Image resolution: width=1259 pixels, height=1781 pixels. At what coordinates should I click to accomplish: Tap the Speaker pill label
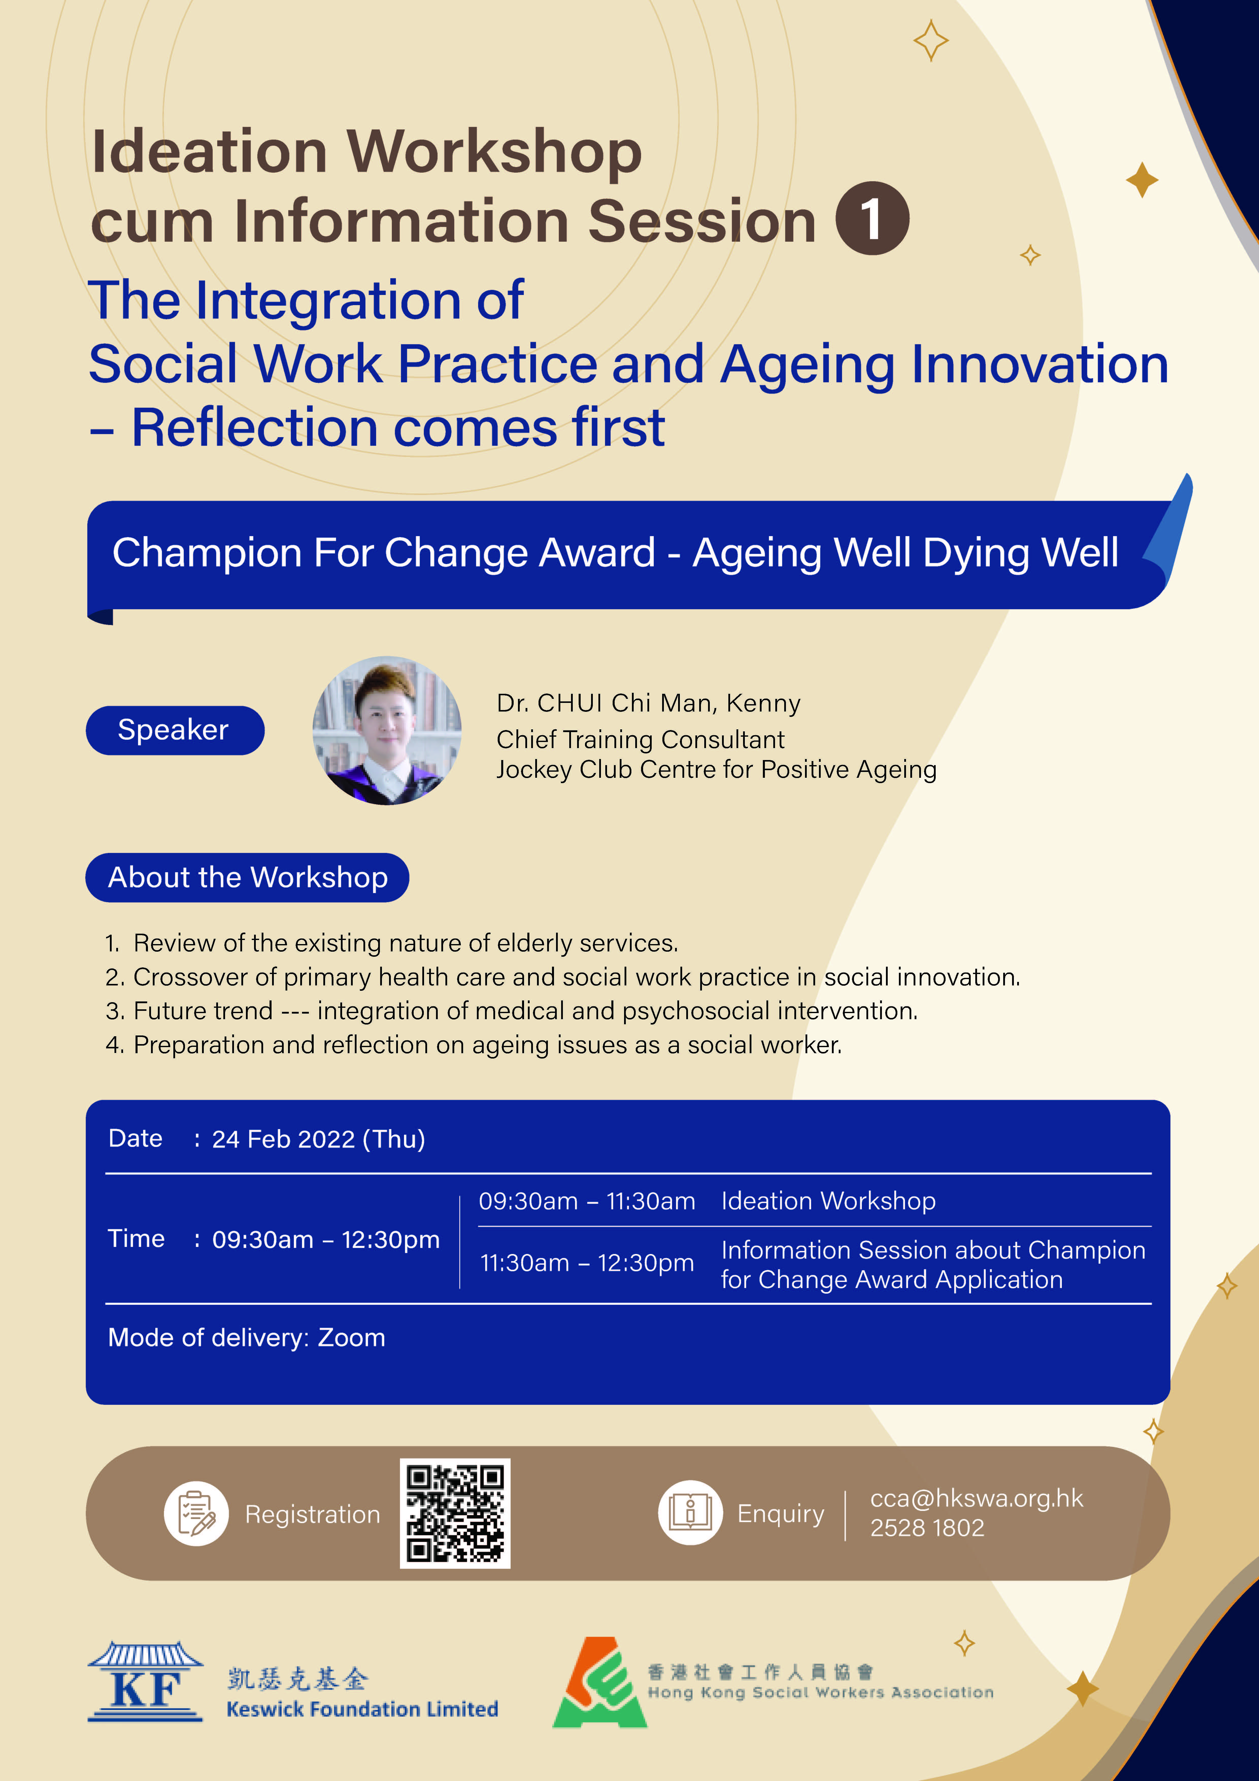[x=175, y=730]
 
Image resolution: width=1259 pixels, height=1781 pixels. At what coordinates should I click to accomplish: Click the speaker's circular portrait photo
[x=387, y=731]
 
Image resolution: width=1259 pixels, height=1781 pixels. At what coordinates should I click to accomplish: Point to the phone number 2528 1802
[x=927, y=1527]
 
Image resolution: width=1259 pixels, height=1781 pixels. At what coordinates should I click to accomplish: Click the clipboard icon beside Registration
[x=196, y=1513]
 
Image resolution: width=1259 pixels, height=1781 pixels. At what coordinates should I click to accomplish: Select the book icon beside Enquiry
[x=690, y=1513]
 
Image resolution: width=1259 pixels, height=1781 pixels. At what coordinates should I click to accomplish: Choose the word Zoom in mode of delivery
[x=351, y=1337]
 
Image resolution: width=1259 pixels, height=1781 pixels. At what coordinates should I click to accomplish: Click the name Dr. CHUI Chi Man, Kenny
[x=648, y=703]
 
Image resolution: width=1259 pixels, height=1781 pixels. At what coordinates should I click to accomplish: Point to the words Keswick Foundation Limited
[x=362, y=1709]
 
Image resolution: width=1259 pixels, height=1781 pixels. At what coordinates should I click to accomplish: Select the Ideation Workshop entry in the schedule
[x=829, y=1201]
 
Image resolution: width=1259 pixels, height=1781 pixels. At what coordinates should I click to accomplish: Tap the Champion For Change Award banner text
[x=615, y=553]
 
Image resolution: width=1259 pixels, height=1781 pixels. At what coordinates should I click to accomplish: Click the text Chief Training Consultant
[x=641, y=739]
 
